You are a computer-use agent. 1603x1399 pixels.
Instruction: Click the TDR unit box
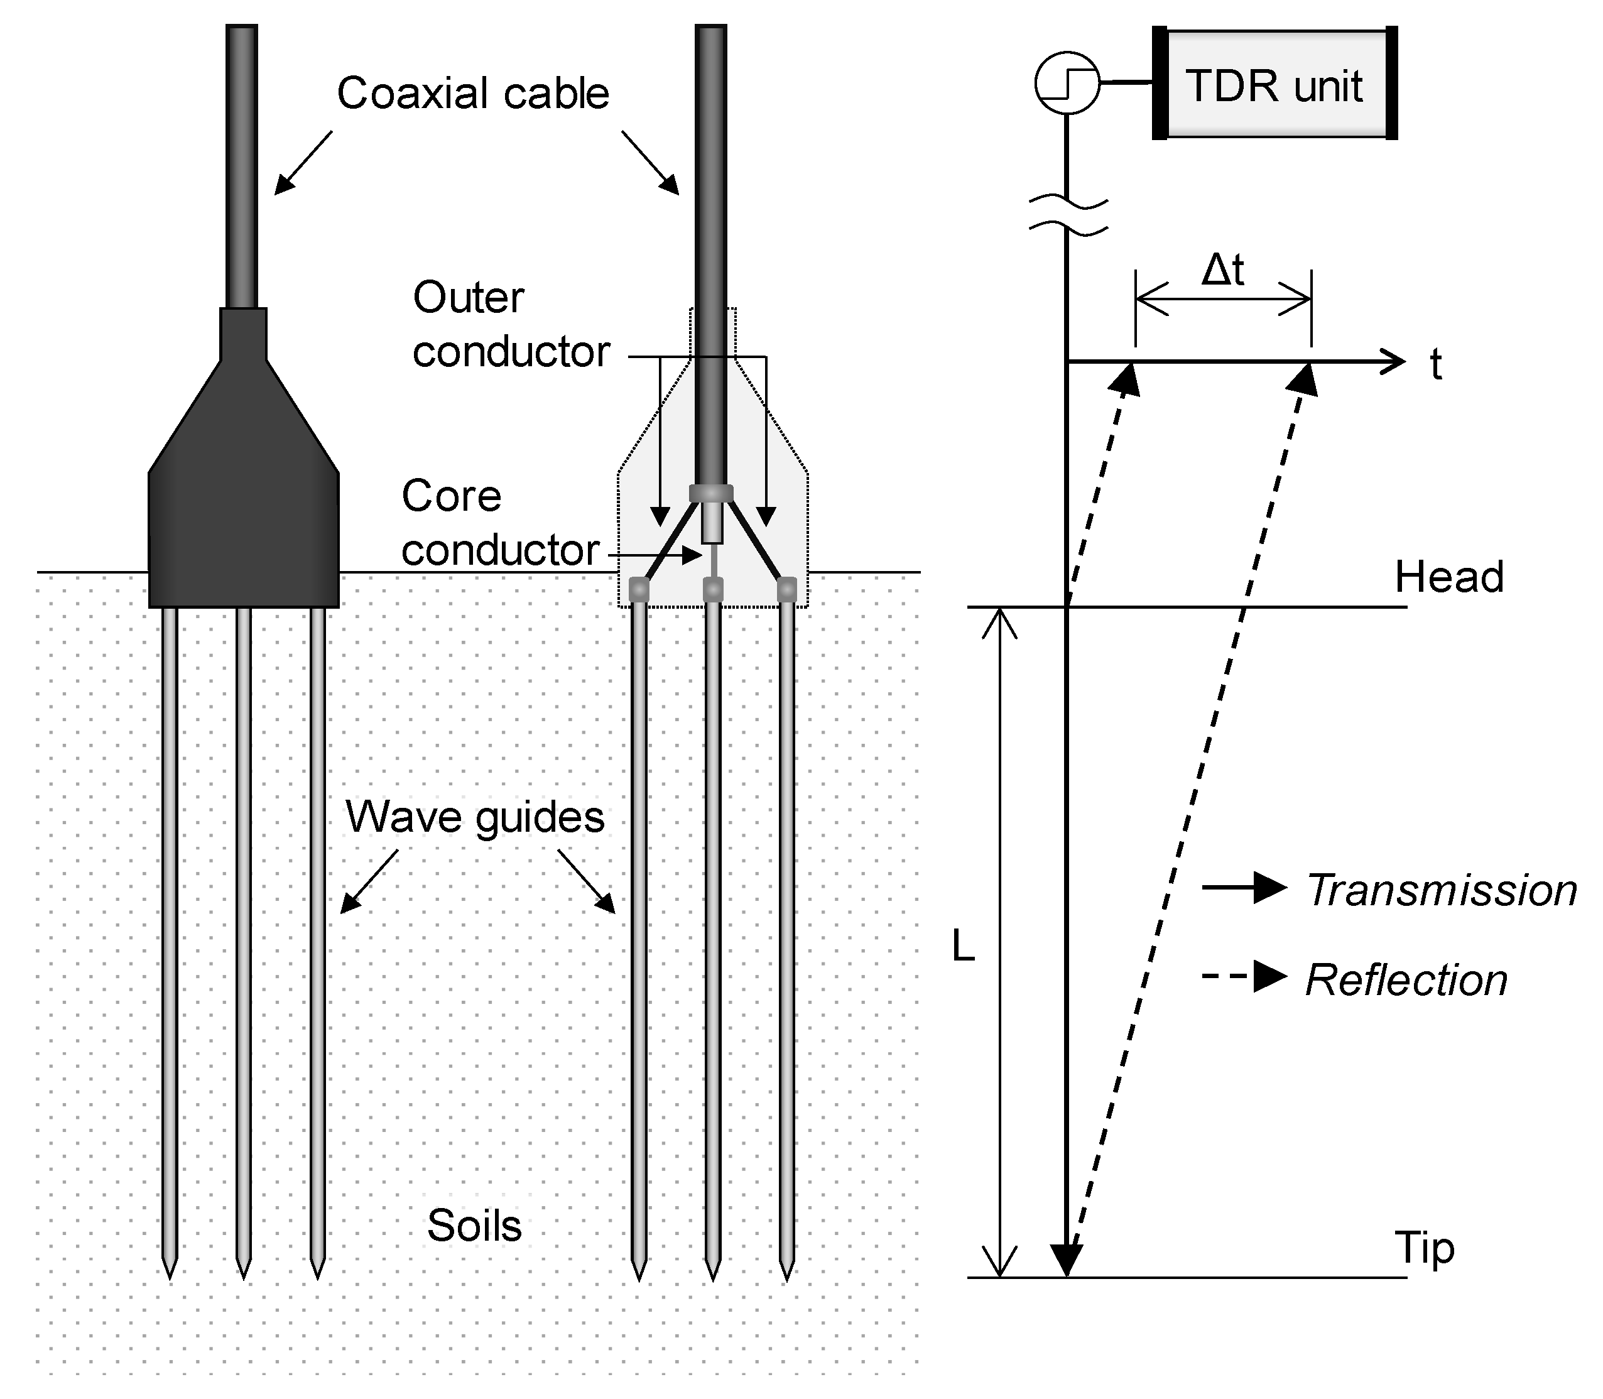pyautogui.click(x=1274, y=84)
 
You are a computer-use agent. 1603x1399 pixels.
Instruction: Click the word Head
pyautogui.click(x=1448, y=578)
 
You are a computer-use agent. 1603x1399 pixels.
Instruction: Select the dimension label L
pyautogui.click(x=963, y=947)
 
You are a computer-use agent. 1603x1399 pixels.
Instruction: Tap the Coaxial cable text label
pyautogui.click(x=473, y=94)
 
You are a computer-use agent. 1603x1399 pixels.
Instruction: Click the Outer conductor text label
pyautogui.click(x=511, y=325)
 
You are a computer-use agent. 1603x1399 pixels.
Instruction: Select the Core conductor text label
pyautogui.click(x=499, y=523)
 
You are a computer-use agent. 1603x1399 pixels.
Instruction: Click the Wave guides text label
pyautogui.click(x=474, y=817)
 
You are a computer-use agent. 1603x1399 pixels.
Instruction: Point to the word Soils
pyautogui.click(x=474, y=1226)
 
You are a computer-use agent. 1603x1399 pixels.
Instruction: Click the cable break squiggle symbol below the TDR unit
pyautogui.click(x=1068, y=216)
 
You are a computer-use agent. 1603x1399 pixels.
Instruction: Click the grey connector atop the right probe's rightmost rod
pyautogui.click(x=786, y=589)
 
